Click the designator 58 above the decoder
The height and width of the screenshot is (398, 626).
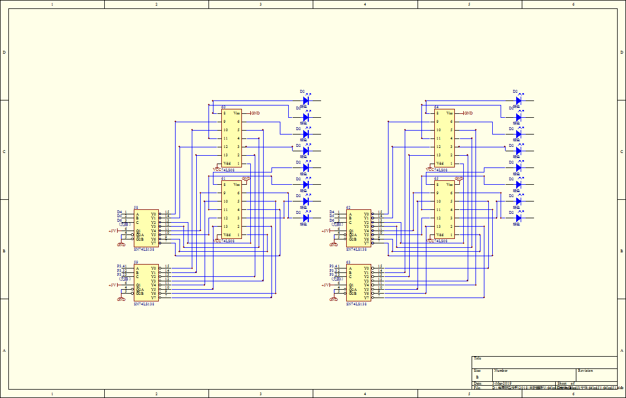click(136, 208)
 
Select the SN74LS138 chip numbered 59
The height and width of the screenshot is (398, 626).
click(146, 283)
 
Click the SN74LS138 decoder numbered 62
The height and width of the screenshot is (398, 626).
click(359, 228)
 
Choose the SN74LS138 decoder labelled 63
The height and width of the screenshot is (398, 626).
click(359, 283)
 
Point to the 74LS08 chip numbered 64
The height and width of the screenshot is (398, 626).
click(445, 138)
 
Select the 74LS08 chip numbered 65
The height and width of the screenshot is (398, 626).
click(445, 209)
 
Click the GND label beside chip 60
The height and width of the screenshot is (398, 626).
click(256, 113)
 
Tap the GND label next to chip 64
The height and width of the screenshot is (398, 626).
click(469, 113)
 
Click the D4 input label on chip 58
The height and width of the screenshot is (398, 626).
click(119, 212)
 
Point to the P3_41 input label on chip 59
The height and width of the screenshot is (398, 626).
click(122, 266)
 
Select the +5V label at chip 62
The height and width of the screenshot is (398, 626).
click(326, 231)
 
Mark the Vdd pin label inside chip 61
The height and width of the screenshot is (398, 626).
click(227, 235)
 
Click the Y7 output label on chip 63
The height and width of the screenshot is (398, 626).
click(366, 298)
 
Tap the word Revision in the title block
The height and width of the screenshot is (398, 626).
click(585, 371)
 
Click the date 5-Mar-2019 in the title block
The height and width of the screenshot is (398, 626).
click(502, 383)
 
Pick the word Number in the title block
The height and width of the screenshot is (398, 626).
click(501, 371)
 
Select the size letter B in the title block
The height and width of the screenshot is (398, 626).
click(477, 377)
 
